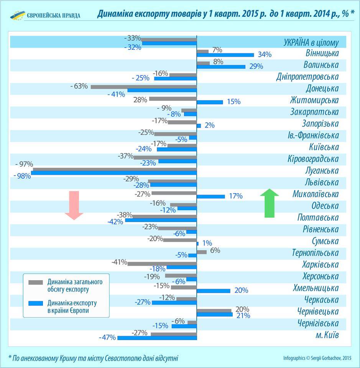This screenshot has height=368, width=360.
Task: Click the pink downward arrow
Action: pyautogui.click(x=74, y=205)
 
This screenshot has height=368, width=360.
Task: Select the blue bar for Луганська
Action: pyautogui.click(x=114, y=173)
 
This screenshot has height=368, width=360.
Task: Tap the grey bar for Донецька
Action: pyautogui.click(x=144, y=86)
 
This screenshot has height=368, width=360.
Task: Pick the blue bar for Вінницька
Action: pyautogui.click(x=225, y=55)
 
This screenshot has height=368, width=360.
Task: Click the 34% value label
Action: pyautogui.click(x=265, y=54)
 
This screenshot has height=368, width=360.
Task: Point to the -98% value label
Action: pyautogui.click(x=21, y=176)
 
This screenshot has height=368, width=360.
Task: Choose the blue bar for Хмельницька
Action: pyautogui.click(x=214, y=291)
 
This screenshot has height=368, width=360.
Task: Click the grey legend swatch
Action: pyautogui.click(x=36, y=283)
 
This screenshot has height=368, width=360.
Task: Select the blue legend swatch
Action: pyautogui.click(x=36, y=303)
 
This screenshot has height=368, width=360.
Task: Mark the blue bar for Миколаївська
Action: pyautogui.click(x=211, y=196)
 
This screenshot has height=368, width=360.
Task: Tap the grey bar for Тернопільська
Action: pyautogui.click(x=202, y=252)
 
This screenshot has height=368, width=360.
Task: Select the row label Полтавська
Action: pyautogui.click(x=318, y=218)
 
